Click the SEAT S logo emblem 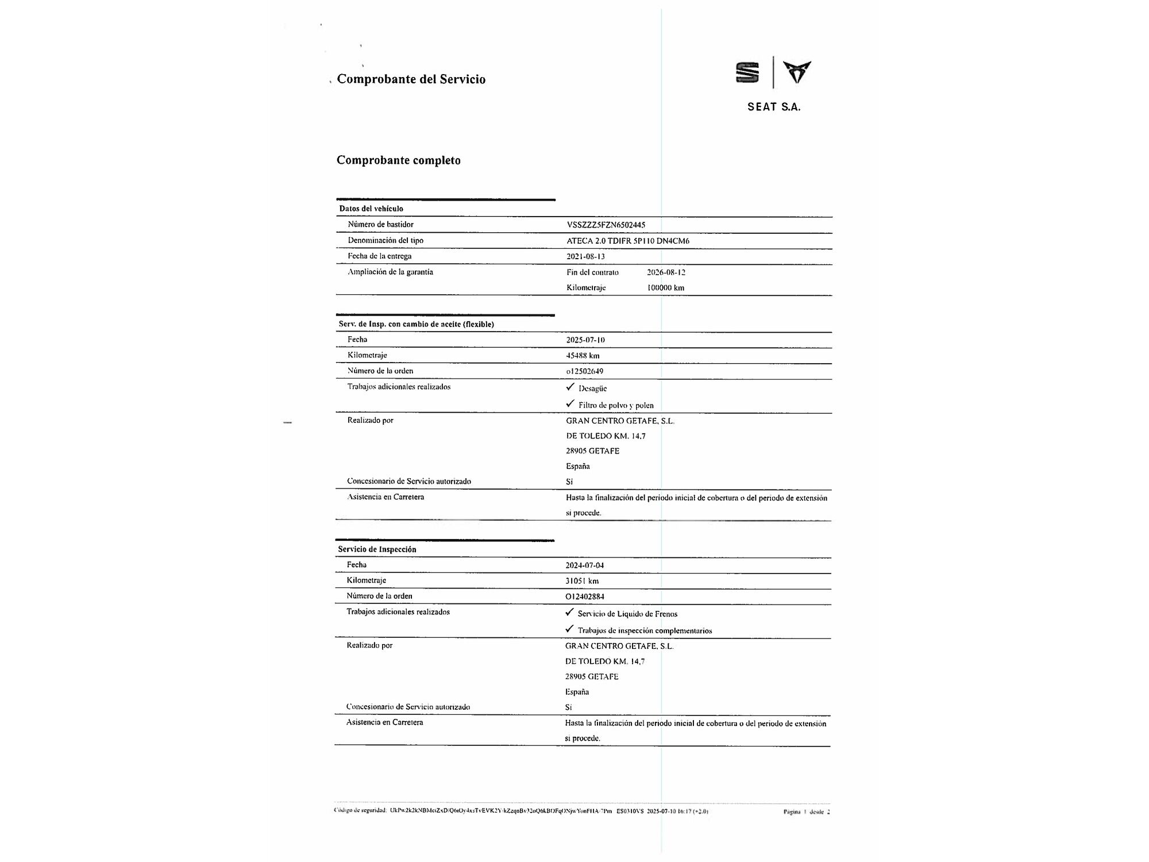click(x=747, y=73)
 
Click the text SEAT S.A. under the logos click(x=773, y=107)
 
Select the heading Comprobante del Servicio click(x=411, y=79)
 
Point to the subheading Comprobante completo click(x=398, y=160)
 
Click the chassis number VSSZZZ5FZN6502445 click(x=606, y=225)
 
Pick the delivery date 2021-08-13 click(x=585, y=256)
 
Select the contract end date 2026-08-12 click(x=666, y=272)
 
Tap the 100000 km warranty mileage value click(x=665, y=288)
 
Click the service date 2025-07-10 click(x=585, y=340)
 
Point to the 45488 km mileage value click(x=583, y=356)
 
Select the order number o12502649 click(x=584, y=371)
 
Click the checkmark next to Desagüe click(x=570, y=387)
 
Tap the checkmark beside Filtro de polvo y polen click(x=570, y=403)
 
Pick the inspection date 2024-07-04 click(x=584, y=565)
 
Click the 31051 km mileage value click(x=581, y=581)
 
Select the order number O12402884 click(x=584, y=597)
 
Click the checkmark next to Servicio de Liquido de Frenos click(x=569, y=612)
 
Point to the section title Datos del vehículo click(x=371, y=209)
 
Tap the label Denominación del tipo click(x=385, y=240)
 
